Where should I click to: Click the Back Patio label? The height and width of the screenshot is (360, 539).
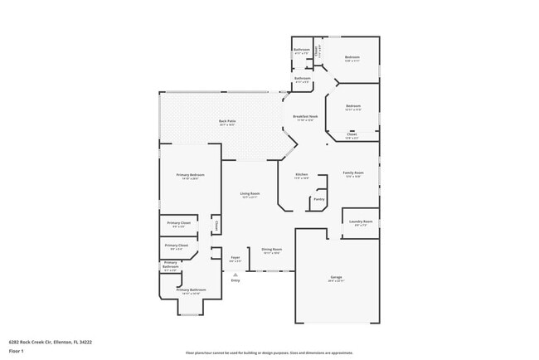click(226, 122)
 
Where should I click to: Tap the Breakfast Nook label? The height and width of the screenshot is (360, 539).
click(305, 117)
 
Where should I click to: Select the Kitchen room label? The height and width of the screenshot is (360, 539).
click(301, 174)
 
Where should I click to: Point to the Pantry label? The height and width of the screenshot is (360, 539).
click(318, 199)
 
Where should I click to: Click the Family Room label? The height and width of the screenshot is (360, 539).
click(352, 173)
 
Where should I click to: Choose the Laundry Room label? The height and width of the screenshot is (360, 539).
click(361, 221)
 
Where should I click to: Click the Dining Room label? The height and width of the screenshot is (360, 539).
click(272, 249)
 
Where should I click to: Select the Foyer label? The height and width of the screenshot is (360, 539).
click(236, 258)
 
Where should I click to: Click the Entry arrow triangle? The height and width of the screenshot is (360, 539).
click(236, 274)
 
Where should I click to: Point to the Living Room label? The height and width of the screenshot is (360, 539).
click(250, 193)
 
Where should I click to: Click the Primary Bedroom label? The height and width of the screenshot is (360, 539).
click(190, 175)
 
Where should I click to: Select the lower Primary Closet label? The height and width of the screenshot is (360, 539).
click(177, 246)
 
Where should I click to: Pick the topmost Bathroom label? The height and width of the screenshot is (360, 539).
click(302, 50)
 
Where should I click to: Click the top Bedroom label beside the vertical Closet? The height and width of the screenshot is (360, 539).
click(353, 57)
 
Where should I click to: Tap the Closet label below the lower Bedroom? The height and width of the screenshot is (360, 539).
click(352, 134)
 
